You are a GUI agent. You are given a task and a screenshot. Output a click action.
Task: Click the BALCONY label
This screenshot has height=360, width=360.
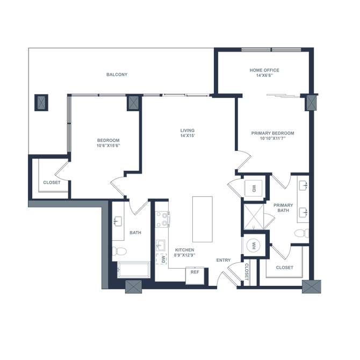click(117, 74)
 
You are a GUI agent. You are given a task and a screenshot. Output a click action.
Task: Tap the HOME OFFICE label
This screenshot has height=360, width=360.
click(264, 70)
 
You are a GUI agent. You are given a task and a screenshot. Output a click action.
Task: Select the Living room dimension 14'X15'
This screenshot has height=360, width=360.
click(188, 135)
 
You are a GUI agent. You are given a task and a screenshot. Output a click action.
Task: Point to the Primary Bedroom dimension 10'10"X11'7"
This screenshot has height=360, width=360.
click(273, 138)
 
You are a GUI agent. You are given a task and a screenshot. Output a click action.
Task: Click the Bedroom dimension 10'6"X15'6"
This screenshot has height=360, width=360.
click(109, 146)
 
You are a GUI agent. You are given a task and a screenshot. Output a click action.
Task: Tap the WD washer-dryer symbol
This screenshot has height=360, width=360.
click(254, 189)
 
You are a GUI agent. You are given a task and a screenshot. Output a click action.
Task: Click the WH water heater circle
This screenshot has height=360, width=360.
click(254, 246)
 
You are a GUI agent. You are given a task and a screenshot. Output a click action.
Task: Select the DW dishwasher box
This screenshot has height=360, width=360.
click(161, 259)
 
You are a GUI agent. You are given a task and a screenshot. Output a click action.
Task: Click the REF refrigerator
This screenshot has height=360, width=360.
click(195, 275)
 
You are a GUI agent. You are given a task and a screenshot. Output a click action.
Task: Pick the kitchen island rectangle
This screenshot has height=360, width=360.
click(202, 219)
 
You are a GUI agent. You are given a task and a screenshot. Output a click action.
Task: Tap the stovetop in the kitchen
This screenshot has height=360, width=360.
click(163, 219)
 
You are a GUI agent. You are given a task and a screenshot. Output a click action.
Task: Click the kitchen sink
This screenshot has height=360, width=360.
click(161, 245)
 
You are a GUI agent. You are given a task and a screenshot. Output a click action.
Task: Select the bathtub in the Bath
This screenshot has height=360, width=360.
click(133, 270)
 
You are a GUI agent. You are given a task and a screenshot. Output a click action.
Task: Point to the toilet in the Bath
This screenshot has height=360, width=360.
click(119, 251)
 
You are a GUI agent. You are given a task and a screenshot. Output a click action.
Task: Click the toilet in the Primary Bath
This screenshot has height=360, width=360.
click(301, 233)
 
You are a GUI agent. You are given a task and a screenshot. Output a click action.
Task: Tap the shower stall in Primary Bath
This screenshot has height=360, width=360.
click(254, 217)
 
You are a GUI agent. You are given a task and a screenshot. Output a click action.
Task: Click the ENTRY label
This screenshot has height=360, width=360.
click(224, 260)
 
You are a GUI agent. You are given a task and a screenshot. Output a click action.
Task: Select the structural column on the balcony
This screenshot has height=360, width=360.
click(41, 103)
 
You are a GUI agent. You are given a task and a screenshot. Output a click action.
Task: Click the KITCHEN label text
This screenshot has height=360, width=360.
click(185, 250)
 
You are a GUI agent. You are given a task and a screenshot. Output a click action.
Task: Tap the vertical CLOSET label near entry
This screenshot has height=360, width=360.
click(246, 272)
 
